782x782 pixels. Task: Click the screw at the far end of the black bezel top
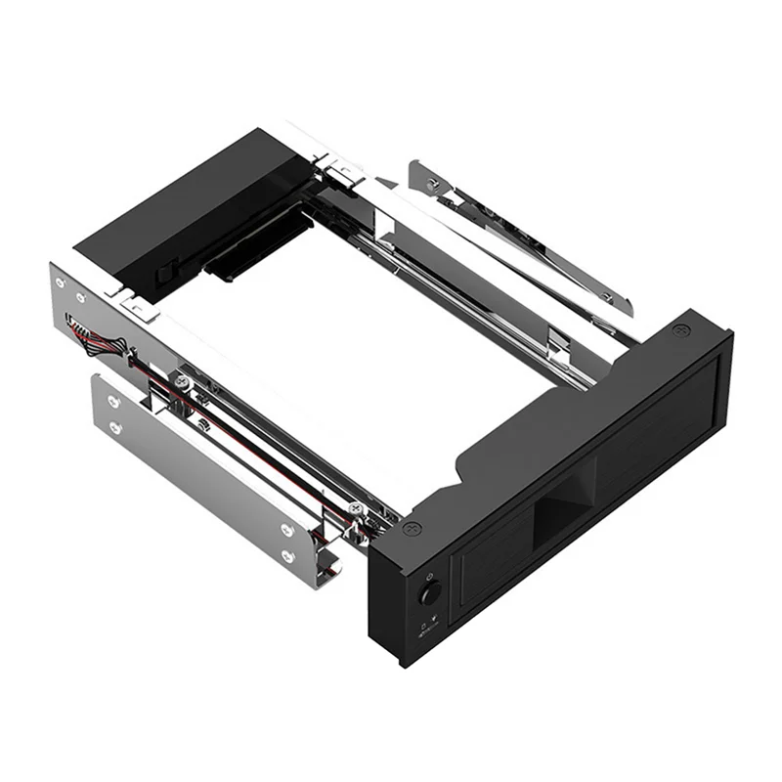tap(681, 332)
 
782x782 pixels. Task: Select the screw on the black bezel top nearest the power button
tap(412, 529)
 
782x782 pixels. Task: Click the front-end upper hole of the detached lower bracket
tap(287, 530)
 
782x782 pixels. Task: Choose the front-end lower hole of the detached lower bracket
tap(287, 556)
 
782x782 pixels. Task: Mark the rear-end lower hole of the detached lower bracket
tap(115, 427)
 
